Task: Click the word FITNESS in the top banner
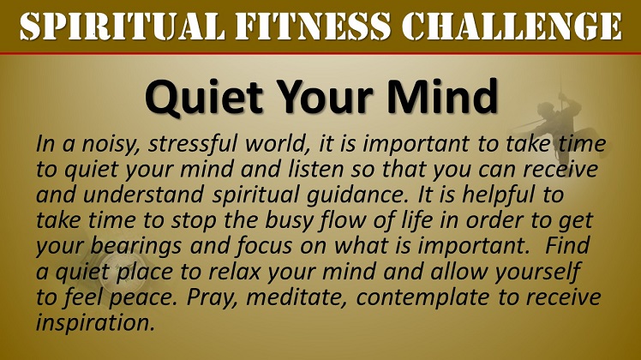point(313,27)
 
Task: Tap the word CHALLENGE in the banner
point(512,27)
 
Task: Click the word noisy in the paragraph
point(107,144)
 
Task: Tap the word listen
point(315,169)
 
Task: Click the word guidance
point(358,195)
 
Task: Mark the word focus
point(265,246)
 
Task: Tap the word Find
point(567,245)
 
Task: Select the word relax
point(234,272)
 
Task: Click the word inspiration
point(95,323)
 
